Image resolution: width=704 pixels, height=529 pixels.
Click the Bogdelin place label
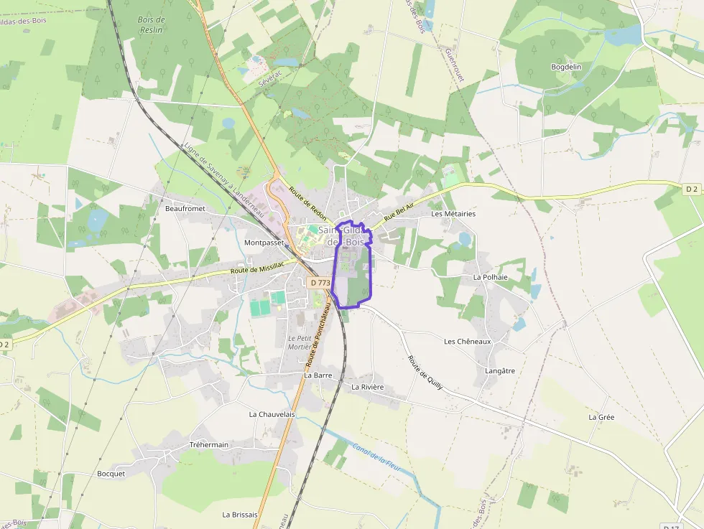click(x=565, y=67)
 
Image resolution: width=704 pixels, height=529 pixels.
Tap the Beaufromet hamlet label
click(x=185, y=208)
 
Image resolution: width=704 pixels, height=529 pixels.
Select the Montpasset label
click(x=265, y=243)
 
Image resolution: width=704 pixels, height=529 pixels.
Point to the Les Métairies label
click(x=453, y=214)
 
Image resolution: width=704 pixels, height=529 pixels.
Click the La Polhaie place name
click(x=490, y=276)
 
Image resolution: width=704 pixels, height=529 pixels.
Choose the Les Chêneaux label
click(x=467, y=341)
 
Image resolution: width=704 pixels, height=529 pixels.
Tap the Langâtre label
click(x=500, y=370)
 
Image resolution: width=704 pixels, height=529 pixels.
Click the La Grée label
click(x=601, y=416)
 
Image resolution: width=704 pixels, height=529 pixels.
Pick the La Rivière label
click(x=367, y=387)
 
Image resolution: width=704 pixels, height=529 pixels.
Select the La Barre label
click(x=317, y=375)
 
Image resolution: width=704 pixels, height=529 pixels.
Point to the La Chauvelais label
click(x=272, y=414)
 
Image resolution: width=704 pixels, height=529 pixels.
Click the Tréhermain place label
click(x=208, y=444)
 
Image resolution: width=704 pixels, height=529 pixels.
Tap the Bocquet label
click(x=111, y=473)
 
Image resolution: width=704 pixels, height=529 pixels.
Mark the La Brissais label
click(x=239, y=514)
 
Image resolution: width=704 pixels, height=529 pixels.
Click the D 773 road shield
click(x=320, y=283)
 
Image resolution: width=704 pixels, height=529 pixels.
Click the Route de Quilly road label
click(x=425, y=373)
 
